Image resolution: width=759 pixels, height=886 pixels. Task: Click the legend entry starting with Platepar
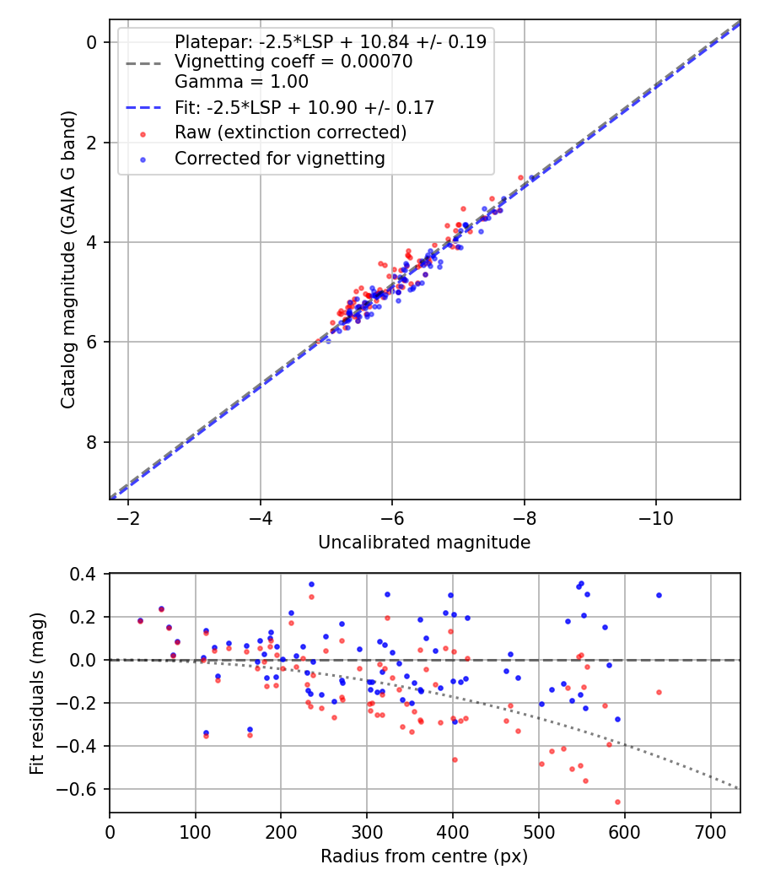click(330, 42)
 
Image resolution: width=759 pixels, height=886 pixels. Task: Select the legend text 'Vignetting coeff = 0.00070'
click(293, 62)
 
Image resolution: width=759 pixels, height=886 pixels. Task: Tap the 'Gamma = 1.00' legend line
click(241, 82)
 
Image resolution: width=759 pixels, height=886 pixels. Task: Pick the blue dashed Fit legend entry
click(304, 107)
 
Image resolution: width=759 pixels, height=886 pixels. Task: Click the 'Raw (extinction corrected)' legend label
click(290, 132)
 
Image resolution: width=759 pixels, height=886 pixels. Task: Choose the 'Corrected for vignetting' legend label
click(279, 158)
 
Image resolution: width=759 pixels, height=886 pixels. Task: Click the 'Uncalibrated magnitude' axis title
click(424, 543)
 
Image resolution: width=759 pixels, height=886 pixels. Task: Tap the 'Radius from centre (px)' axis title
click(424, 856)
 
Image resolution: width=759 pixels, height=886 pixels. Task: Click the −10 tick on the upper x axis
click(656, 517)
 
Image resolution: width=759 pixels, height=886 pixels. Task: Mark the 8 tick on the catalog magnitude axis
click(92, 442)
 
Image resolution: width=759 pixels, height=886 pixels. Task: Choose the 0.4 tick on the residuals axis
click(89, 574)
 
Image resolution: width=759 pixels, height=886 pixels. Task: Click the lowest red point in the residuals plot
click(617, 802)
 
